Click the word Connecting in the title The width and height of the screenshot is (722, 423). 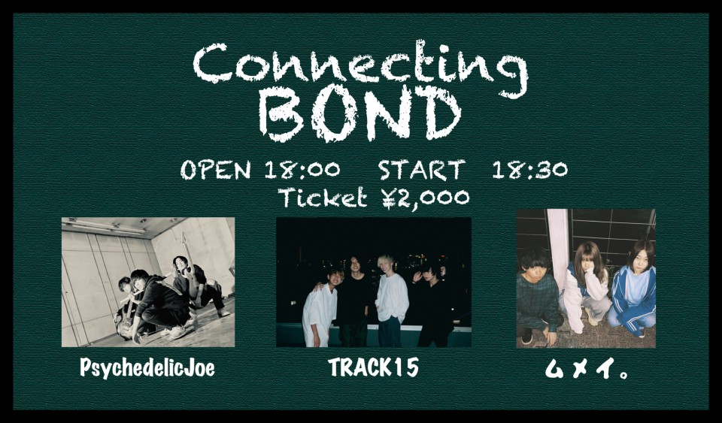point(360,67)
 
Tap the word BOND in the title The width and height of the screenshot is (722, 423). point(359,113)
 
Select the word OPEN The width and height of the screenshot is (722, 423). point(216,170)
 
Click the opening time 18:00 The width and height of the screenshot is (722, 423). point(302,170)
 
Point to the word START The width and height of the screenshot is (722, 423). point(421,170)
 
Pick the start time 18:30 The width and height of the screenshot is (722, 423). point(529,170)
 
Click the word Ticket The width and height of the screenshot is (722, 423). point(323,198)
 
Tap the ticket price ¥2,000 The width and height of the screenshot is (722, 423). point(425,198)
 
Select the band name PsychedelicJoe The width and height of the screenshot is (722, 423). point(147,368)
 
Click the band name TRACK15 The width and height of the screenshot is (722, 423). point(374,367)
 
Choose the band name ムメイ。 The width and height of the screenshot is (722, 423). point(586,369)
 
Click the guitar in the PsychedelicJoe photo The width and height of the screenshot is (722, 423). point(126,319)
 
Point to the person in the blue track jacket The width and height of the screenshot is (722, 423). point(633,290)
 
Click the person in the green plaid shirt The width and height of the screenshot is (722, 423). point(537,297)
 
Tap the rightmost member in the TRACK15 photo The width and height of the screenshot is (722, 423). point(434,305)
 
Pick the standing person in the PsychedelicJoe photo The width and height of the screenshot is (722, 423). point(198,285)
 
